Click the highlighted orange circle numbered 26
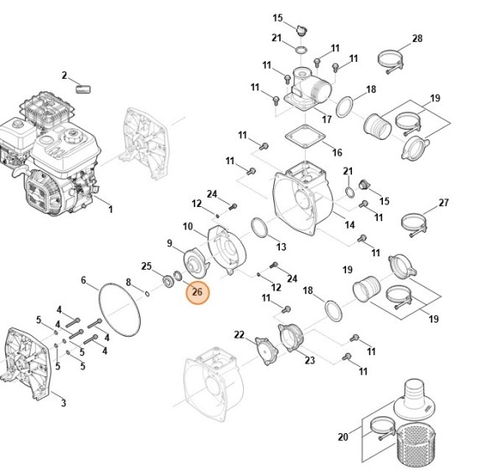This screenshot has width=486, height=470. coord(197,292)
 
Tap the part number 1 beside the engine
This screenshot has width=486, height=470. coord(111,209)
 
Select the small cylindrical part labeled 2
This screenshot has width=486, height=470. coord(83,90)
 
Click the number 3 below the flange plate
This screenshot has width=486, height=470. coord(63,403)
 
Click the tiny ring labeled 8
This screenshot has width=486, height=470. coord(147,293)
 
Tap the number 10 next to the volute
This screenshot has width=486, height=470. coord(188,226)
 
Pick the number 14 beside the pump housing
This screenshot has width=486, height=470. coord(349,225)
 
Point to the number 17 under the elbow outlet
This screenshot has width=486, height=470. coord(327,119)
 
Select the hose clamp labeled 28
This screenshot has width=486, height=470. coord(390,61)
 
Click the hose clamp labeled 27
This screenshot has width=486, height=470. coord(414,225)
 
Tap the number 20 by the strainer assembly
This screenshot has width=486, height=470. coord(343,436)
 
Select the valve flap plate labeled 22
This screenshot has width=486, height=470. coord(266,351)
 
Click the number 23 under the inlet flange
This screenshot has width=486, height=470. coord(310,360)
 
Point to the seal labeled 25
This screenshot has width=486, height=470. coord(168,281)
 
